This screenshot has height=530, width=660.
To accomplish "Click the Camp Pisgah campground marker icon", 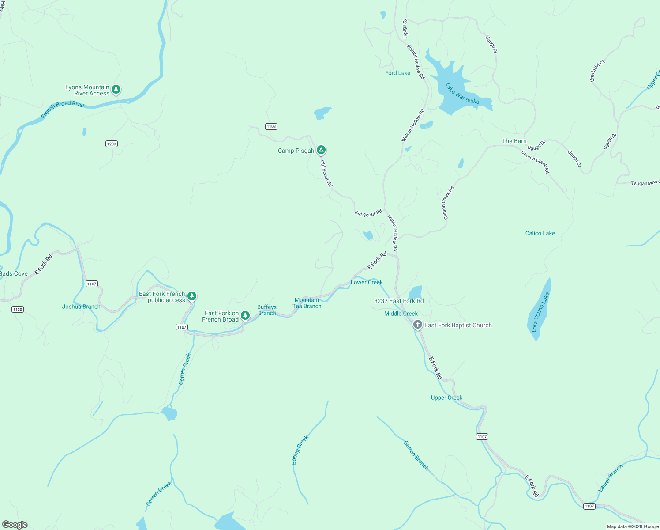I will coord(321,150).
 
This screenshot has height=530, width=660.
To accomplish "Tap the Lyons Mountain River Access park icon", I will coord(116,90).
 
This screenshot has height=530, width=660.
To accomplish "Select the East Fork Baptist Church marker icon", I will coord(417,325).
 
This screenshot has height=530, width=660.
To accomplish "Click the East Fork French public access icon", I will coord(191,296).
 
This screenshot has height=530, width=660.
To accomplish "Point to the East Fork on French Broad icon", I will coord(245,315).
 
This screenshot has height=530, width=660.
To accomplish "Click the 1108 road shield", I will coord(271,126).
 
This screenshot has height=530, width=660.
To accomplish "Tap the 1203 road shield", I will coord(112,144).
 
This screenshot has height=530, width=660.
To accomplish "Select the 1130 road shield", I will coord(18,309).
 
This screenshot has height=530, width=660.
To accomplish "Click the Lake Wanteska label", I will coord(462,94).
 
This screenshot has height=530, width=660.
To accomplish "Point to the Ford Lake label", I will coord(397,73).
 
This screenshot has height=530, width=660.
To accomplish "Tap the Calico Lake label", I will coord(540,233).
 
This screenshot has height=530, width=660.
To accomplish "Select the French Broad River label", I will coord(63,109).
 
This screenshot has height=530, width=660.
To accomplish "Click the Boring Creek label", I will coord(300,450).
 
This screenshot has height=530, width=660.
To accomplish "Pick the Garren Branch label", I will coord(416,455).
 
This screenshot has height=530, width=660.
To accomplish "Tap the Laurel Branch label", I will coord(611,478).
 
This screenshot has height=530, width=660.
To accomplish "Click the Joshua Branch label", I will coord(81,307).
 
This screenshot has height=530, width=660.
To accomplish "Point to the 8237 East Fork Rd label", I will coord(399,301).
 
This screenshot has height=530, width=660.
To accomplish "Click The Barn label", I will coord(514,141).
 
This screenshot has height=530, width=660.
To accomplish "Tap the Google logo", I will coord(15,525).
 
